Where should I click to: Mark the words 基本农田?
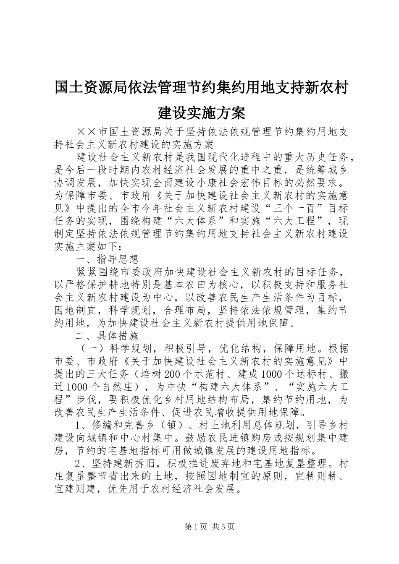click(x=193, y=285)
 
